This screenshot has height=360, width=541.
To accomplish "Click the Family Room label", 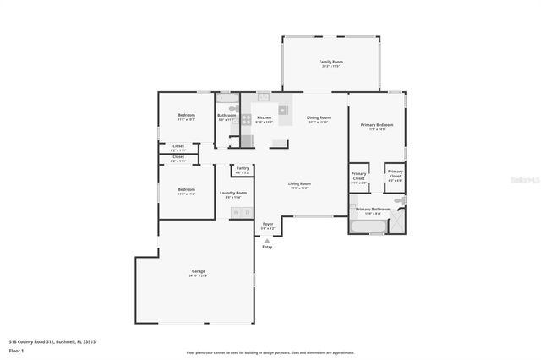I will [331, 62].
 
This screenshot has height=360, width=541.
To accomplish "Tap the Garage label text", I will [199, 271].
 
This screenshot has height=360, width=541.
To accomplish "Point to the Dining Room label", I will [318, 117].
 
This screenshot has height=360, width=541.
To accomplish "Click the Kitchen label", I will [264, 117].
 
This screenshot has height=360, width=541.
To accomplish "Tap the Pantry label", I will [243, 168].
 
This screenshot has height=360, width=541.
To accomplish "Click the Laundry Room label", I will [232, 193].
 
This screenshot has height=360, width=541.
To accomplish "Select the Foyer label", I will [267, 224].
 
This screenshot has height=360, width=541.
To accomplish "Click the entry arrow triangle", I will [267, 240].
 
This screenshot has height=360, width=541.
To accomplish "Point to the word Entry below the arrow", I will [267, 247].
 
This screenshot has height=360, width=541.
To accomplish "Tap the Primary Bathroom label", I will [373, 209].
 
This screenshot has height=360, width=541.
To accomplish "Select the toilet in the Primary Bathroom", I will [400, 200].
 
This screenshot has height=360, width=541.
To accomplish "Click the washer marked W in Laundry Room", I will [236, 212].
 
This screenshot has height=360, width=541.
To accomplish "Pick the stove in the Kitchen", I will [281, 109].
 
